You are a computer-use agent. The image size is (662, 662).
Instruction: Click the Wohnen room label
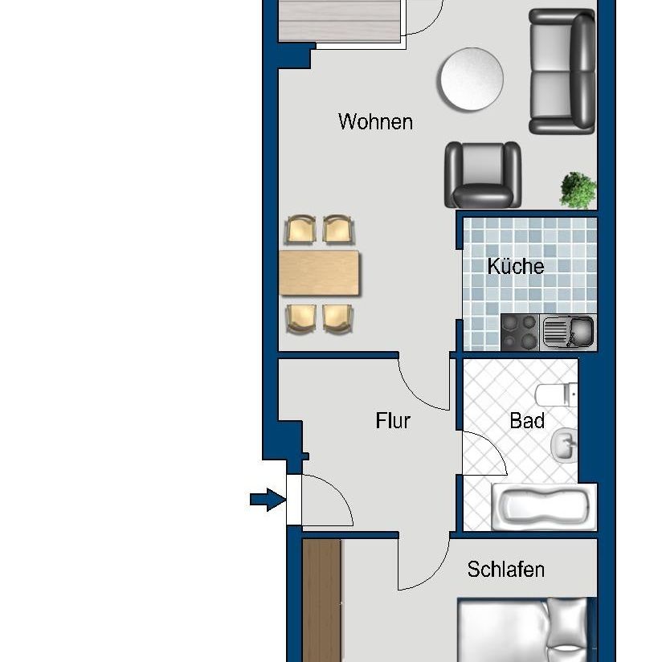click(x=375, y=122)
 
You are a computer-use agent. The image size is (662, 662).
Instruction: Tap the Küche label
click(x=515, y=267)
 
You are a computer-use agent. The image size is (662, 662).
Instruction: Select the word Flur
click(x=393, y=420)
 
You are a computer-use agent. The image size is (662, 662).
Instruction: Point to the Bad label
click(x=527, y=420)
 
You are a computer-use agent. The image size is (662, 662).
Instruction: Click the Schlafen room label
click(x=505, y=570)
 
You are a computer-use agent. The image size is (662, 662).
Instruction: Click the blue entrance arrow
click(x=268, y=501)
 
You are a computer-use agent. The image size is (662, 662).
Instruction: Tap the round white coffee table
click(x=471, y=79)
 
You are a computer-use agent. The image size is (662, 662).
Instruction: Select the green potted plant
click(x=578, y=190)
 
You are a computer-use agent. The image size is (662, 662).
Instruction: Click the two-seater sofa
click(x=562, y=72)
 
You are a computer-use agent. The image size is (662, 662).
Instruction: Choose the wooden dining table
click(x=319, y=273)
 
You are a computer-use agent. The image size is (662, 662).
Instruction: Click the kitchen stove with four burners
click(x=520, y=333)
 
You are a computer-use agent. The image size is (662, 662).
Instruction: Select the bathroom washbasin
click(x=563, y=443)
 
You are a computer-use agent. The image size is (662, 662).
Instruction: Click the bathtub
click(x=542, y=508)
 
